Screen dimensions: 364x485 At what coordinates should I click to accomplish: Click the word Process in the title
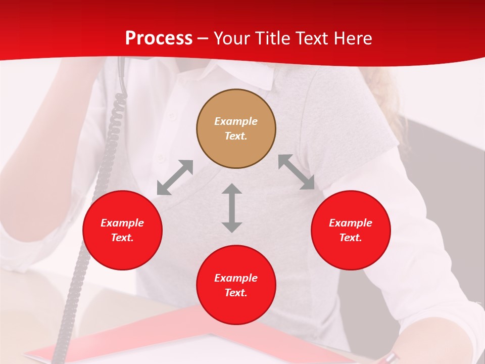(x=159, y=38)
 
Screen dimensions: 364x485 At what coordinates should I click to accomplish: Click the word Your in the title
(x=233, y=38)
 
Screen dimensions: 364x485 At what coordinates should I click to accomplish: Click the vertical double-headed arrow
(x=232, y=208)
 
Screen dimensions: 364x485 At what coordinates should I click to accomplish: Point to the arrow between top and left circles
(x=175, y=177)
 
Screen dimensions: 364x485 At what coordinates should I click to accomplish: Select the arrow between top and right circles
(x=296, y=172)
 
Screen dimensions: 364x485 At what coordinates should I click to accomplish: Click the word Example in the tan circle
(x=236, y=121)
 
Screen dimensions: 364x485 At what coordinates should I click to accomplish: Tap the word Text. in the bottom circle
(x=236, y=293)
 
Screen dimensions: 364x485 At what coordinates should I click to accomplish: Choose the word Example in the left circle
(x=122, y=223)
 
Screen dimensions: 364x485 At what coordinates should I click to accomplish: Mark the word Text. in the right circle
(x=351, y=238)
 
